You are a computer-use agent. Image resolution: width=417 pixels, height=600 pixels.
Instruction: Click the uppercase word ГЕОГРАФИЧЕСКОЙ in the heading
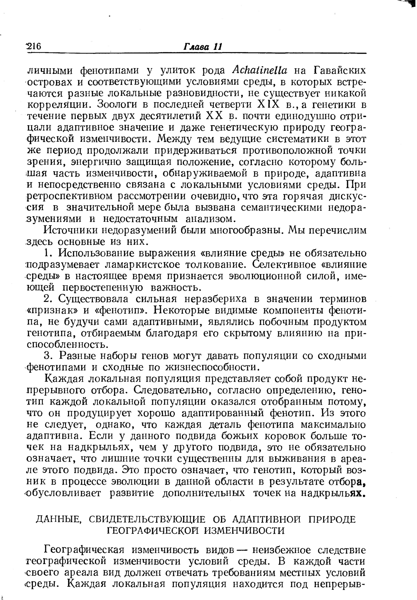pos(153,531)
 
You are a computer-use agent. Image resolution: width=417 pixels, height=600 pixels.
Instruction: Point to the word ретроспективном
pos(70,196)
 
